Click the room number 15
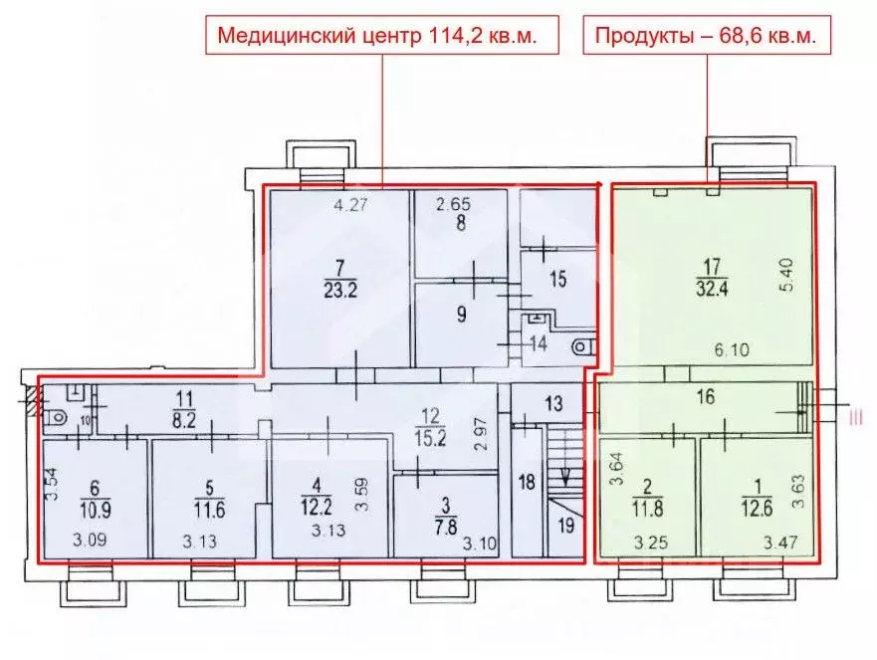pyautogui.click(x=558, y=280)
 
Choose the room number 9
pyautogui.click(x=461, y=317)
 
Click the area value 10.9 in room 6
pyautogui.click(x=97, y=508)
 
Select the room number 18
pyautogui.click(x=528, y=480)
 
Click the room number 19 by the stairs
pyautogui.click(x=565, y=526)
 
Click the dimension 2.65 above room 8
pyautogui.click(x=456, y=206)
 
